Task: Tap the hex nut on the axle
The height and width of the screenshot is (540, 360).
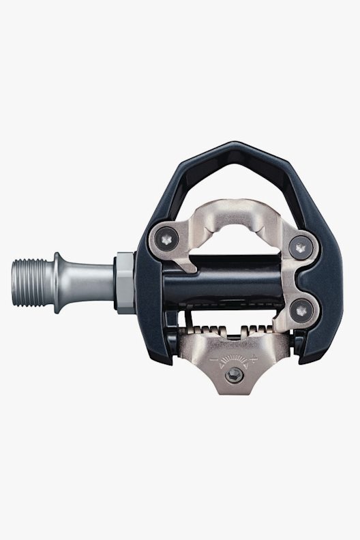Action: click(x=125, y=281)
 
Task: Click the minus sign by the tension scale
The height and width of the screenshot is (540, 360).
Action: click(x=213, y=357)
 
